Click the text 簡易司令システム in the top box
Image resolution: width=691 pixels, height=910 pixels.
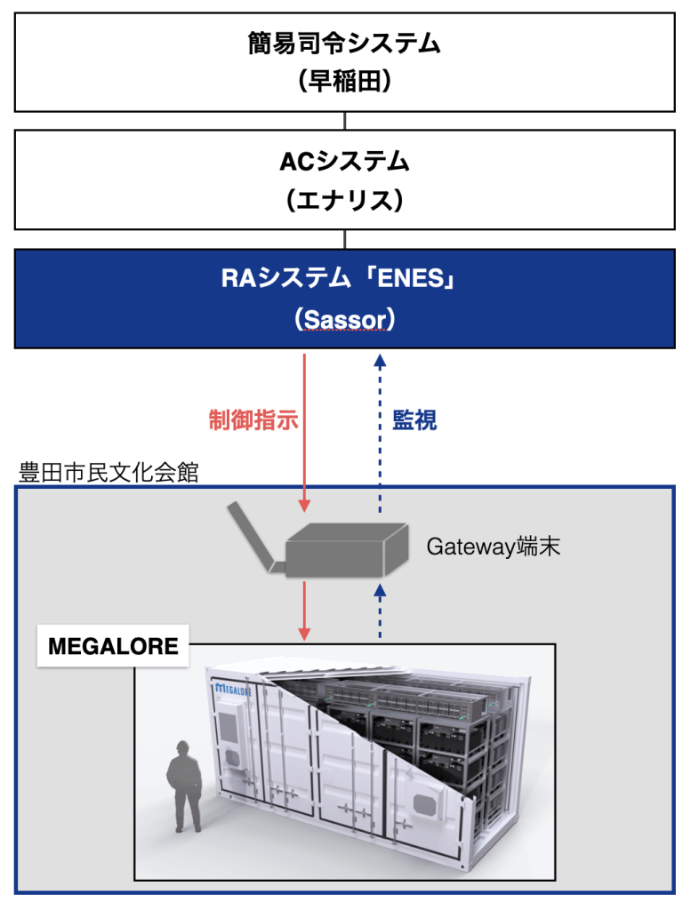click(344, 44)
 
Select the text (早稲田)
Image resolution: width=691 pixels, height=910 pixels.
click(344, 81)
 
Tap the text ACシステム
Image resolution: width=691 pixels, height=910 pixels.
click(344, 162)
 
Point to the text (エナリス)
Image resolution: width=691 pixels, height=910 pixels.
click(344, 200)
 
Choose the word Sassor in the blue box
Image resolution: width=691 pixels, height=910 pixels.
click(345, 320)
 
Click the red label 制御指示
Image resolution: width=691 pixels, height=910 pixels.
click(253, 419)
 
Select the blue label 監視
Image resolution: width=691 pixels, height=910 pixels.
click(414, 419)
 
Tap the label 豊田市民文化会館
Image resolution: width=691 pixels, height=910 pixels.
click(108, 473)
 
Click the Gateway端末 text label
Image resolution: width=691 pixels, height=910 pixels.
click(494, 547)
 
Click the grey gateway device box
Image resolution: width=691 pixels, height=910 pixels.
click(347, 550)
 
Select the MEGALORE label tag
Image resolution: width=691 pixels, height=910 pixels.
click(113, 646)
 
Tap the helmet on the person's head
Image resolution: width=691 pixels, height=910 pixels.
click(182, 746)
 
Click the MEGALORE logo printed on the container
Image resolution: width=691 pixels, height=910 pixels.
click(233, 690)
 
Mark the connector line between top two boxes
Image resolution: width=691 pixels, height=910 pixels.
click(345, 121)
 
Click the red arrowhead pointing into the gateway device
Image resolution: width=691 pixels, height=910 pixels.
click(304, 506)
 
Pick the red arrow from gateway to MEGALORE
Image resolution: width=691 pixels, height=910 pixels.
click(304, 610)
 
